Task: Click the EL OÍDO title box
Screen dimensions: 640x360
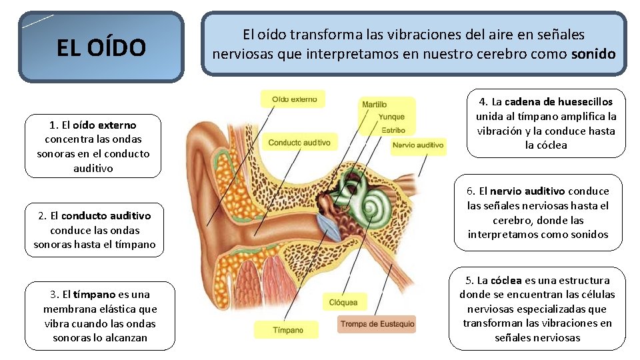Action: coord(101,47)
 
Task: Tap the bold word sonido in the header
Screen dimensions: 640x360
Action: coord(593,53)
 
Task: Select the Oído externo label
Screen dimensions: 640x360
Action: coord(294,99)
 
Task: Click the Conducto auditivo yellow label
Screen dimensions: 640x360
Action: coord(299,143)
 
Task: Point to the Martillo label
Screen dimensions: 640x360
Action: coord(374,105)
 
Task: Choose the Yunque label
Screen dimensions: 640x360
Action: coord(391,117)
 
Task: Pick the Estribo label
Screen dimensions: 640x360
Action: coord(393,130)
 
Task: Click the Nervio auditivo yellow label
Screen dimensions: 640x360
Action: coord(418,145)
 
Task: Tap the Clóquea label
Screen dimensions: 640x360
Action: coord(343,303)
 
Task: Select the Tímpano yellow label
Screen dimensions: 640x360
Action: coord(288,330)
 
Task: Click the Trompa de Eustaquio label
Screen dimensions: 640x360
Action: coord(377,325)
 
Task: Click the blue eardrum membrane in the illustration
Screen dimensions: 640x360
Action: coord(329,227)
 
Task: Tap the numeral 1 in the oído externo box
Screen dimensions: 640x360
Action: coord(53,125)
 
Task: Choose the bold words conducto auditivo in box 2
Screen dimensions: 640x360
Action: coord(105,215)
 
